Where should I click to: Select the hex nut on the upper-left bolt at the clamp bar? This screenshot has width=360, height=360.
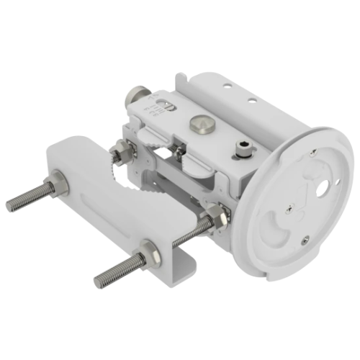[59, 186]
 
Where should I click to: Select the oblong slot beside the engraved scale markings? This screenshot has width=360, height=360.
[165, 105]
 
